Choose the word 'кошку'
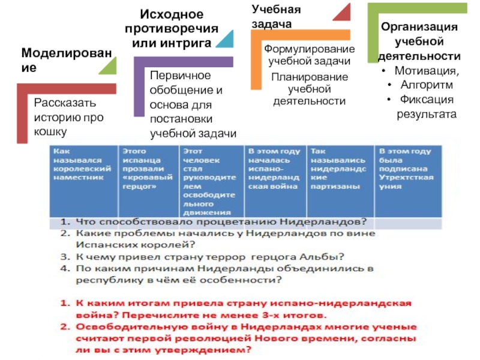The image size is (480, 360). click(x=50, y=131)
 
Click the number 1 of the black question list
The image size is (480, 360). click(x=64, y=222)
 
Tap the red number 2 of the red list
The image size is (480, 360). click(x=64, y=328)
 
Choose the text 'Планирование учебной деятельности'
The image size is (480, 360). click(x=309, y=89)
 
